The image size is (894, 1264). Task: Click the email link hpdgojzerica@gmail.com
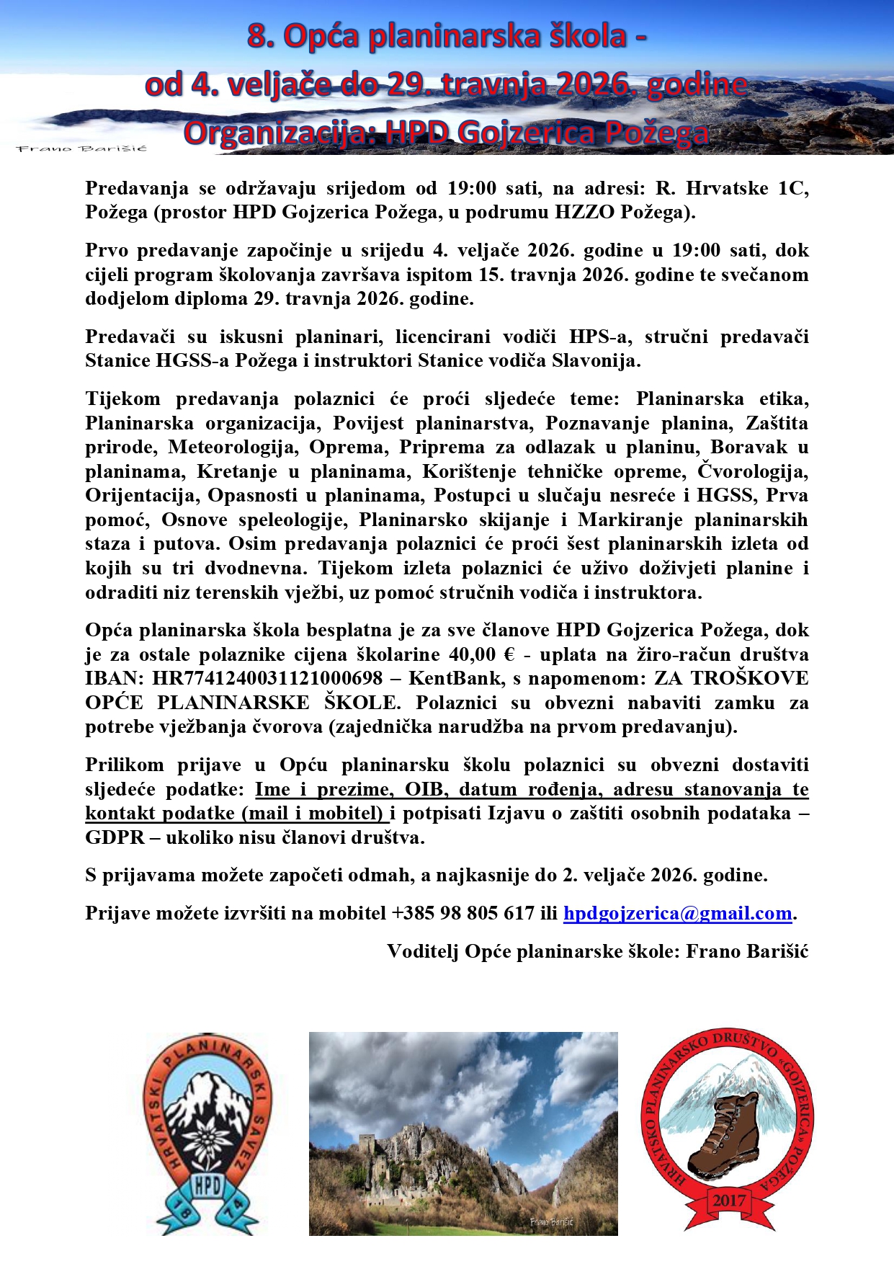[x=677, y=914]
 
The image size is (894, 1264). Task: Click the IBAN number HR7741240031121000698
[x=267, y=679]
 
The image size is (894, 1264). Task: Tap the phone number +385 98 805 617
[x=462, y=914]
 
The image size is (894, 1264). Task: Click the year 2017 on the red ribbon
[x=730, y=1201]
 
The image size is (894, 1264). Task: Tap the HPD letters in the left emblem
[x=207, y=1186]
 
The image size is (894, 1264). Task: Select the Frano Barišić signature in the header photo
[x=81, y=148]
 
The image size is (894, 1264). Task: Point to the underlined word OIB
[x=424, y=790]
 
